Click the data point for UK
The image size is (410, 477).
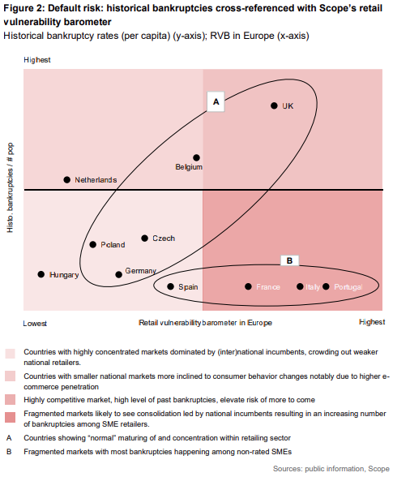pyautogui.click(x=274, y=105)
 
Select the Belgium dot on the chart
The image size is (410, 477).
pyautogui.click(x=196, y=157)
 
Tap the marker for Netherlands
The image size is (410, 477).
pyautogui.click(x=67, y=180)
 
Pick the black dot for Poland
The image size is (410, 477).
pyautogui.click(x=92, y=245)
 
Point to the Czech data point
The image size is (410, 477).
pyautogui.click(x=145, y=238)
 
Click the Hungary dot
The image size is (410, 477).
pyautogui.click(x=41, y=274)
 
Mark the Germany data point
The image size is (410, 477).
pyautogui.click(x=118, y=275)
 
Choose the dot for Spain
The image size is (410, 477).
pyautogui.click(x=170, y=286)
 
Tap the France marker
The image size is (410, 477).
pyautogui.click(x=248, y=286)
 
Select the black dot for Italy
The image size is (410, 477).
pyautogui.click(x=300, y=286)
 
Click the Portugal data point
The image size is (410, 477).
pyautogui.click(x=326, y=286)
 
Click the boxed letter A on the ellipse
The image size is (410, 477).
pyautogui.click(x=216, y=101)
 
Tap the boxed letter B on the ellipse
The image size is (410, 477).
pyautogui.click(x=289, y=260)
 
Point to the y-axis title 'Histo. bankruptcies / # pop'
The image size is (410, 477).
pyautogui.click(x=10, y=187)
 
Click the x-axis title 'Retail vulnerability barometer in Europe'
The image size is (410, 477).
pyautogui.click(x=205, y=323)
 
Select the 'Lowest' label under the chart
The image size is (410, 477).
pyautogui.click(x=35, y=324)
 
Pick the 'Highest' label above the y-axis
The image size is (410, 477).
pyautogui.click(x=37, y=60)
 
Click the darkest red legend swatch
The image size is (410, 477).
pyautogui.click(x=10, y=417)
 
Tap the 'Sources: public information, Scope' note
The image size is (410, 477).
pyautogui.click(x=331, y=469)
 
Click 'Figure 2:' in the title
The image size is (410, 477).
pyautogui.click(x=24, y=8)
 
